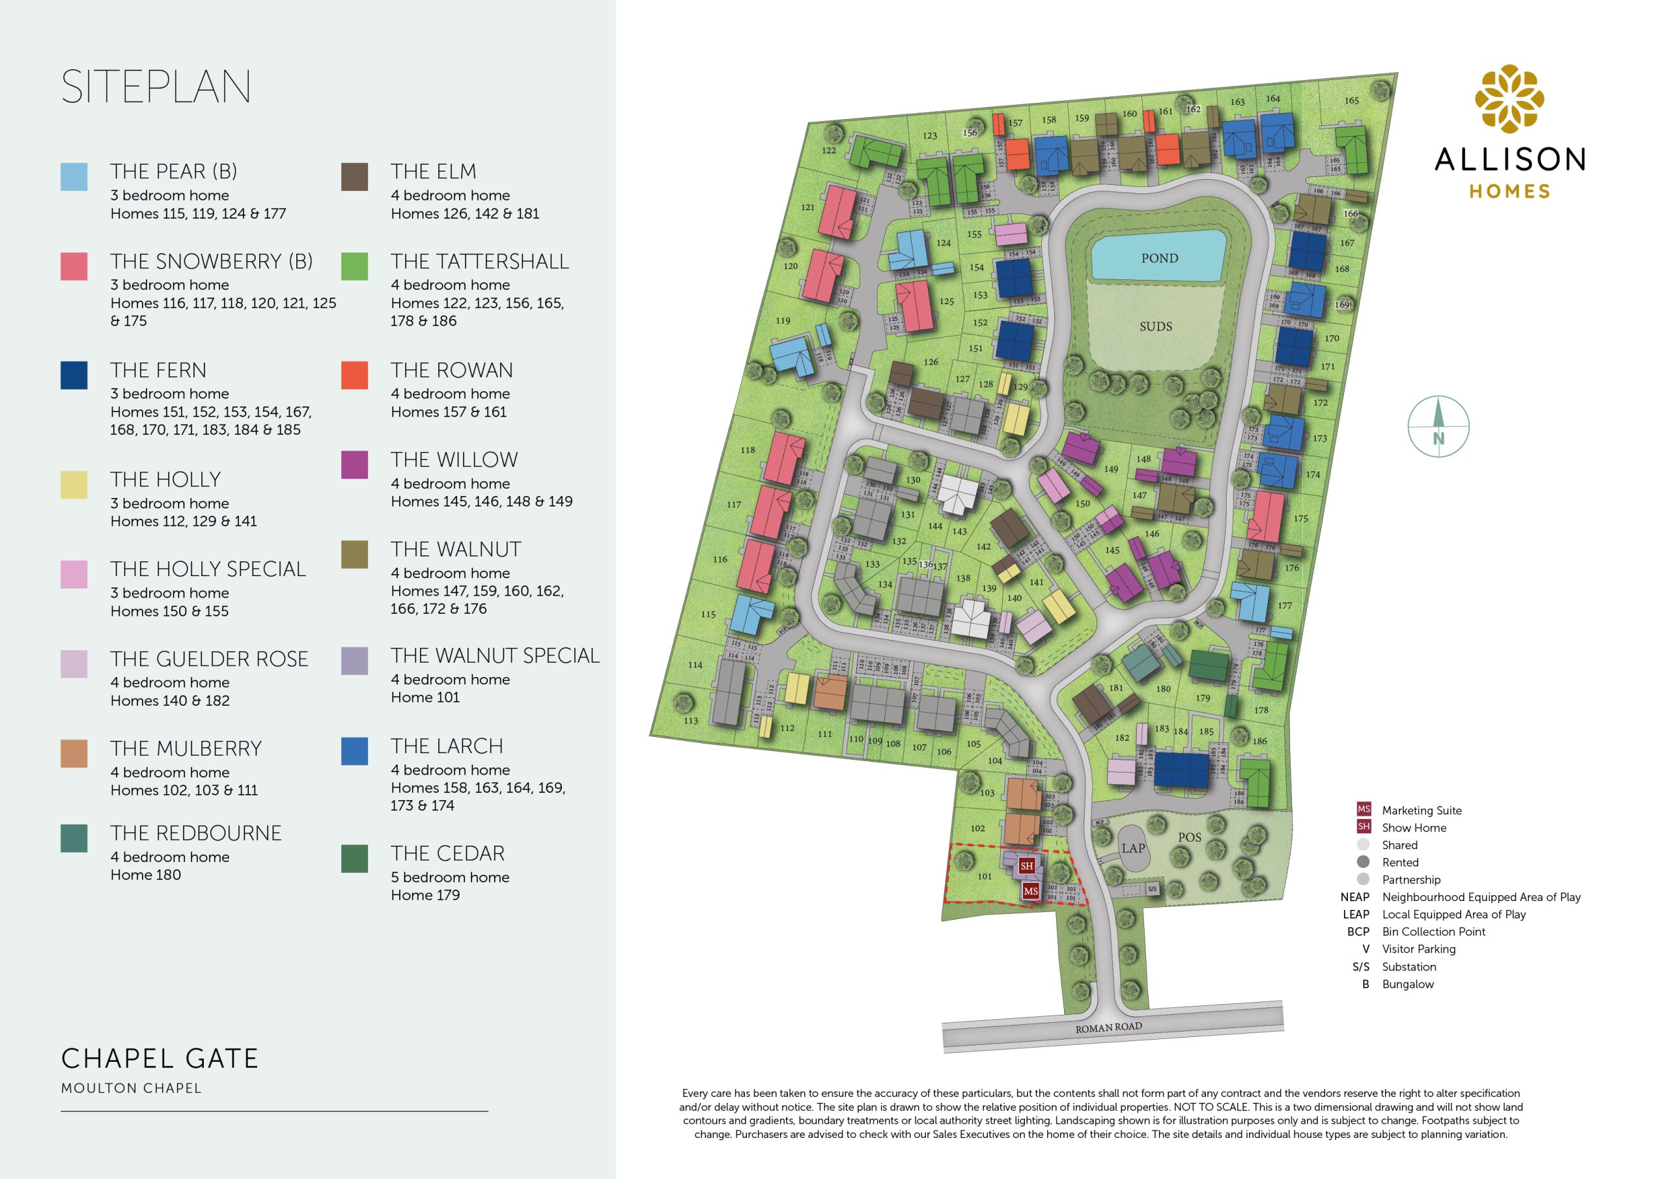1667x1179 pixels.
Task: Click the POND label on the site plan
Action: tap(1159, 258)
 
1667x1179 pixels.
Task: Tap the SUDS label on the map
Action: tap(1155, 327)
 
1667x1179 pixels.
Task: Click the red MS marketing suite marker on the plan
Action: tap(1030, 891)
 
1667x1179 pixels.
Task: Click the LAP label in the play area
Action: tap(1132, 848)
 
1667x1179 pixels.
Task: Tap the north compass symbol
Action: tap(1438, 426)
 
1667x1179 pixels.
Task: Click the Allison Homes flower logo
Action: tap(1509, 100)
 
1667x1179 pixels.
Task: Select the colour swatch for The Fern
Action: tap(74, 376)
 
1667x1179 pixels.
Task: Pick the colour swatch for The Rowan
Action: tap(354, 376)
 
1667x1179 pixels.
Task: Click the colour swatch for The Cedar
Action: tap(354, 858)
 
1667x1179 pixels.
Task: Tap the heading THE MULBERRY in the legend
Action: tap(186, 749)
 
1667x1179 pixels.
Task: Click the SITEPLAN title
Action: tap(156, 87)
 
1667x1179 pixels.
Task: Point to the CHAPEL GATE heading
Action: tap(160, 1059)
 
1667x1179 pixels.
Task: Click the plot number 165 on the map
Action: tap(1351, 101)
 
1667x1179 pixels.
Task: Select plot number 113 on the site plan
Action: tap(690, 721)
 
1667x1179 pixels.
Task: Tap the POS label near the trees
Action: tap(1189, 837)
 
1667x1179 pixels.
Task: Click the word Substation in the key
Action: tap(1408, 966)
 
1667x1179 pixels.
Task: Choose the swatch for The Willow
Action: tap(354, 465)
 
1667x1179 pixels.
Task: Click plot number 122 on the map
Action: tap(828, 151)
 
